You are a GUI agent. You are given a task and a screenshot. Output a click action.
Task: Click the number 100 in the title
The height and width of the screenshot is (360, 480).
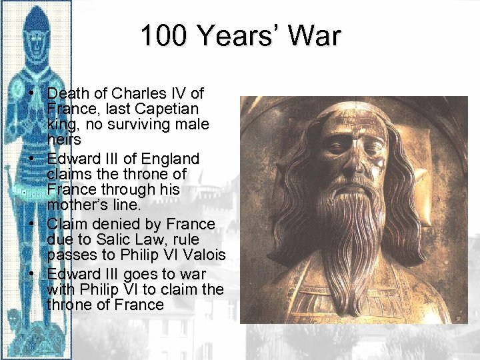point(163,36)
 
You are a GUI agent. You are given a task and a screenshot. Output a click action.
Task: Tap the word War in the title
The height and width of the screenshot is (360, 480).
point(314,36)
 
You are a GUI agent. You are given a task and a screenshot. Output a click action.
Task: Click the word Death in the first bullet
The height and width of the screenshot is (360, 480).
point(67,93)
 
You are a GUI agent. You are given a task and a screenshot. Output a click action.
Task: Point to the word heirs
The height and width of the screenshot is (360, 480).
point(65,139)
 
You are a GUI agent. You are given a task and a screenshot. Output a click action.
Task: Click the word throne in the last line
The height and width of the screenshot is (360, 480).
point(70,305)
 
